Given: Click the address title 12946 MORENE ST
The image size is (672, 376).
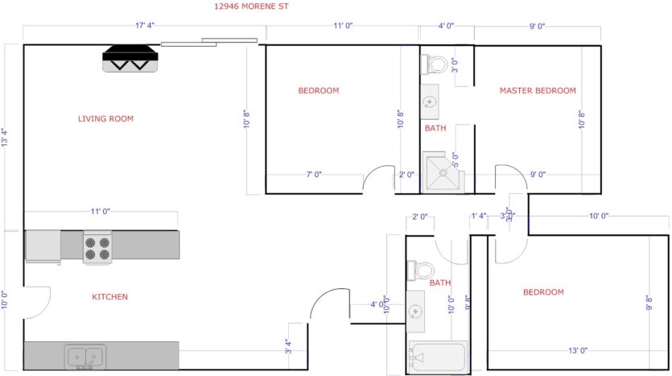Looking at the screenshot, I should point(250,6).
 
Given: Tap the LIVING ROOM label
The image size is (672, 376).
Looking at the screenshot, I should point(105,119).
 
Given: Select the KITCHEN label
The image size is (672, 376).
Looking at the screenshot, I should point(109,297).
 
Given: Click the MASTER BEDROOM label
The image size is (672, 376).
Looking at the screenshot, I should point(538,90).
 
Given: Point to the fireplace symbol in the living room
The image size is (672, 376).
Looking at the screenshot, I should point(130,59).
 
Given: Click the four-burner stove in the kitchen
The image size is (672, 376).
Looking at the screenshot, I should point(97,246).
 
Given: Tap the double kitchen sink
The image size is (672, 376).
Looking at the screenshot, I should point(85,355).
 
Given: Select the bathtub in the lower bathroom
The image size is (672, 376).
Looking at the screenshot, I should point(438,357).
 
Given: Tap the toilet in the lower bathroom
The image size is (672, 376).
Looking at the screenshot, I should point(421,270).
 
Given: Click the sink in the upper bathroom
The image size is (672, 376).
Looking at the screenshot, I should point(430,101).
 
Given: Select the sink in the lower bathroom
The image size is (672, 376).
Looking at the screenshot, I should point(416,311).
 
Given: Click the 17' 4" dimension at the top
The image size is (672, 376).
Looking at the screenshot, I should point(146,27).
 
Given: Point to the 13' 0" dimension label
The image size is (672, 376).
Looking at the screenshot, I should point(577,350).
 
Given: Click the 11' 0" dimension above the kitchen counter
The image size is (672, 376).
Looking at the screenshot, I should point(100,211).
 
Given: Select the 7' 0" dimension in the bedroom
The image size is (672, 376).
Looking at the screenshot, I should point(313,174).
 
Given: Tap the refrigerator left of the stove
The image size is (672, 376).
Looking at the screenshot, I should point(43,246).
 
